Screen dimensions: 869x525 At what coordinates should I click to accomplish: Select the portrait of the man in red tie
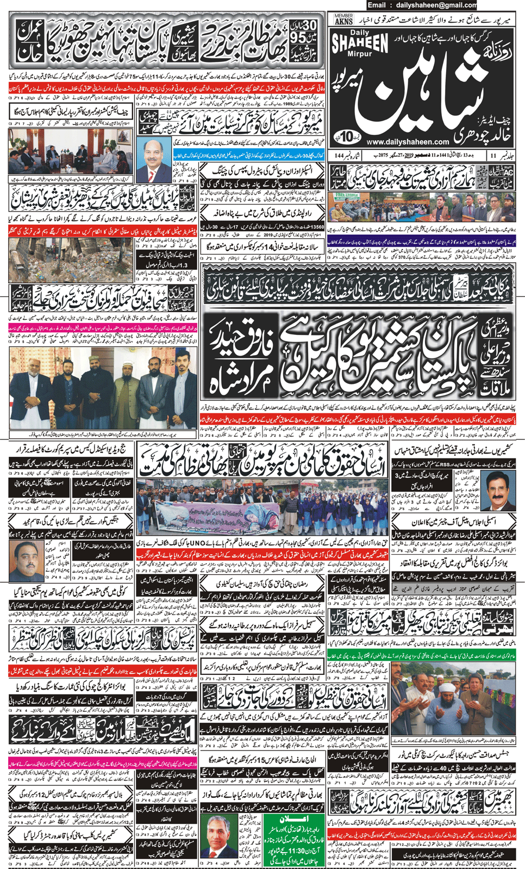pos(154,159)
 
